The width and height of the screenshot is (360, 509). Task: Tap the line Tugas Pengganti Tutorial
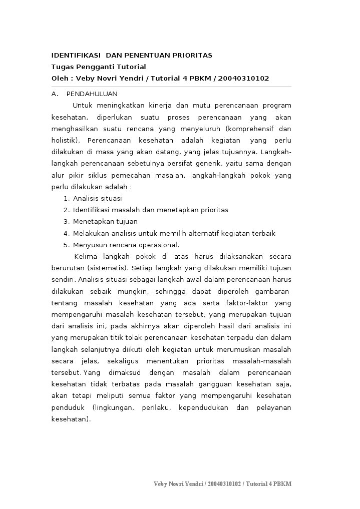pos(99,67)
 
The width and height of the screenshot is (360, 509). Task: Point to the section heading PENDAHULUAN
pos(92,94)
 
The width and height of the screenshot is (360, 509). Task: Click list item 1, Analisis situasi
pos(97,198)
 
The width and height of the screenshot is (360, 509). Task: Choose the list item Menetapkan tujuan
pos(105,221)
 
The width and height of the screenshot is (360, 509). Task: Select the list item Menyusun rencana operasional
pos(126,245)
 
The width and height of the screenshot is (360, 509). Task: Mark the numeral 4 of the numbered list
pos(66,233)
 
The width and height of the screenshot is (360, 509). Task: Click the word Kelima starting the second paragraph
pos(85,257)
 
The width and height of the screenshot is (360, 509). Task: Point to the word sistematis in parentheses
pos(107,268)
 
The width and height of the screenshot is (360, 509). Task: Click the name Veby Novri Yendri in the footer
pos(178,484)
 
